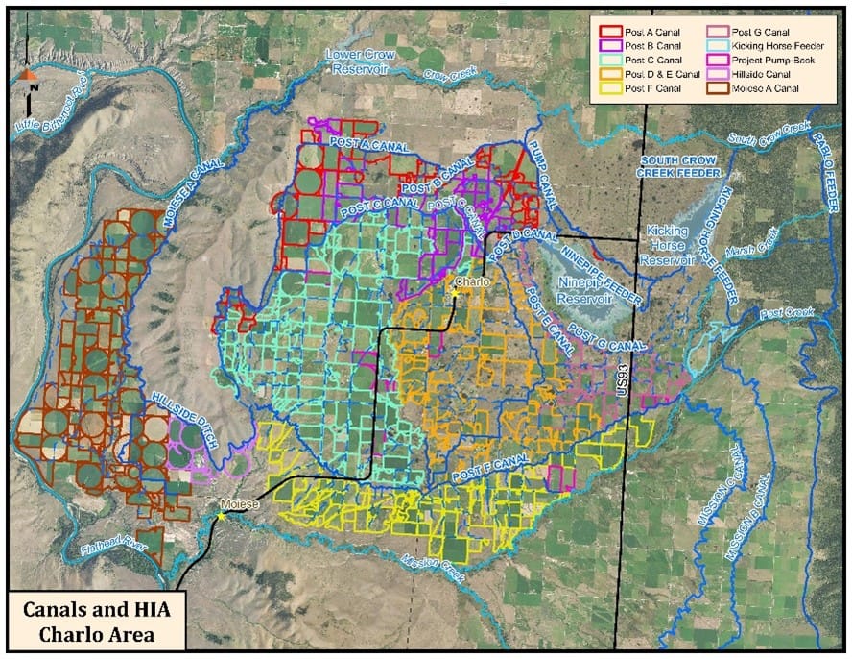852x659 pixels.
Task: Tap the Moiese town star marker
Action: (222, 516)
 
